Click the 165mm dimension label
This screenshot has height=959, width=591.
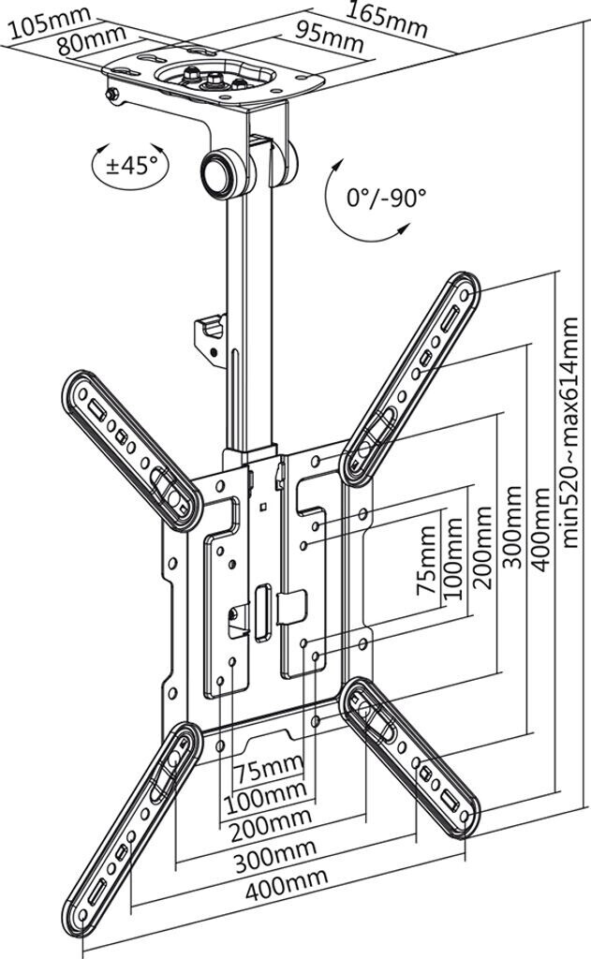point(387,19)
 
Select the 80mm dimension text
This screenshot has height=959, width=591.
point(93,39)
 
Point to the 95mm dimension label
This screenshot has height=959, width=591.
point(329,37)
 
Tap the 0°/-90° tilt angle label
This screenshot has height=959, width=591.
point(386,198)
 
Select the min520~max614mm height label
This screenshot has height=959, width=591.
point(569,432)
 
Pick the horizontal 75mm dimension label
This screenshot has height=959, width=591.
point(269,770)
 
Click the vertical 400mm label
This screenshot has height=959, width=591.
point(539,530)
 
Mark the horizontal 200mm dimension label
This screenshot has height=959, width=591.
point(271,824)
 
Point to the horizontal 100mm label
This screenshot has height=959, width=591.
point(265,798)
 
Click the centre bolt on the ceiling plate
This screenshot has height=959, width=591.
point(214,79)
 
